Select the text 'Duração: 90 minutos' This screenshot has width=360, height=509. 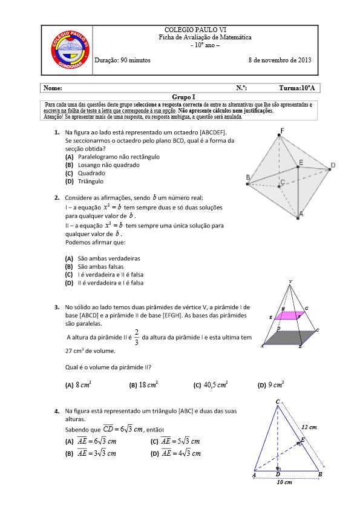tap(127, 61)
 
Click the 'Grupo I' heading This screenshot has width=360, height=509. tap(180, 96)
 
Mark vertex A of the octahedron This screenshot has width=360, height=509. tap(300, 213)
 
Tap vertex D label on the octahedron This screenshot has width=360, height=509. tap(332, 165)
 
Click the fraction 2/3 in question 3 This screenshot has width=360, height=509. tap(137, 337)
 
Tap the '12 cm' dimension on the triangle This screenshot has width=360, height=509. tap(309, 427)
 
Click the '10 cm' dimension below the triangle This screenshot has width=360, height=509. tap(284, 482)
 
